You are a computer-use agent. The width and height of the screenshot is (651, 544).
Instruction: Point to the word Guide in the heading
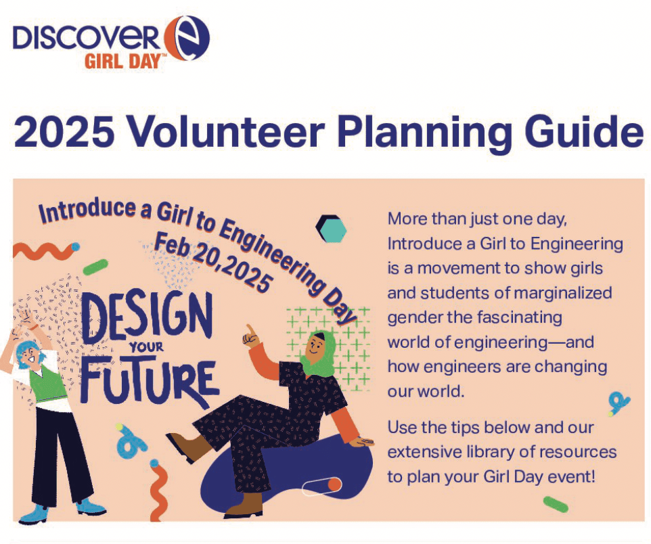tap(581, 133)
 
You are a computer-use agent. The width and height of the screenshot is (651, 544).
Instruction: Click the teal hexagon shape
tap(332, 229)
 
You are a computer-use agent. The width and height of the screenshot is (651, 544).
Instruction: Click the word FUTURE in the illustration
tap(149, 382)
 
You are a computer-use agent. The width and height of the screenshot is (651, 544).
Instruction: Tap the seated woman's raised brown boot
tap(183, 447)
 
